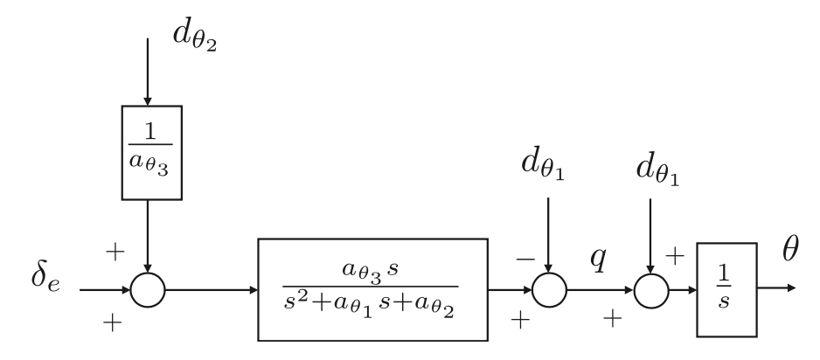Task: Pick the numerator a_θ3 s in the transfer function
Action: [371, 261]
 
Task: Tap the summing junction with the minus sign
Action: [549, 290]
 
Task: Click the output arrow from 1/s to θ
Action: [778, 289]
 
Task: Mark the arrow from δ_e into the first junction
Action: [103, 289]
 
